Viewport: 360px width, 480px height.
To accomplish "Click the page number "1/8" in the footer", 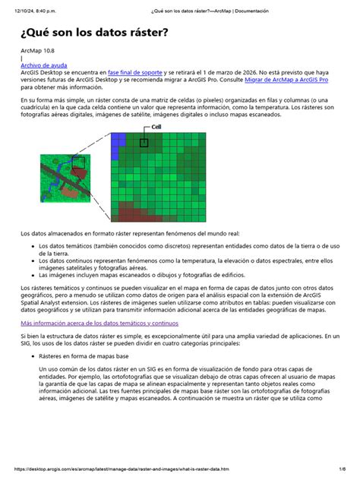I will coord(344,472).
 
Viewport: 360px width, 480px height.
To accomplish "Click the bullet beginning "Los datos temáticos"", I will coord(182,250).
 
